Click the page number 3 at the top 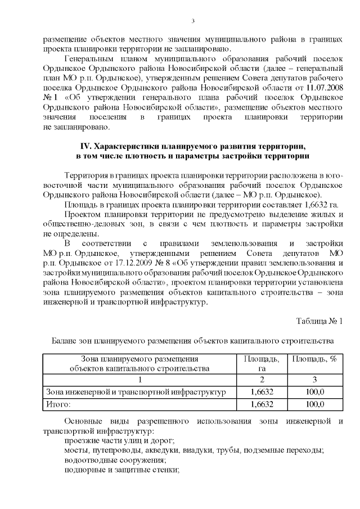(x=192, y=21)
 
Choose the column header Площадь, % (x=315, y=359)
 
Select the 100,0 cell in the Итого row (x=315, y=404)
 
